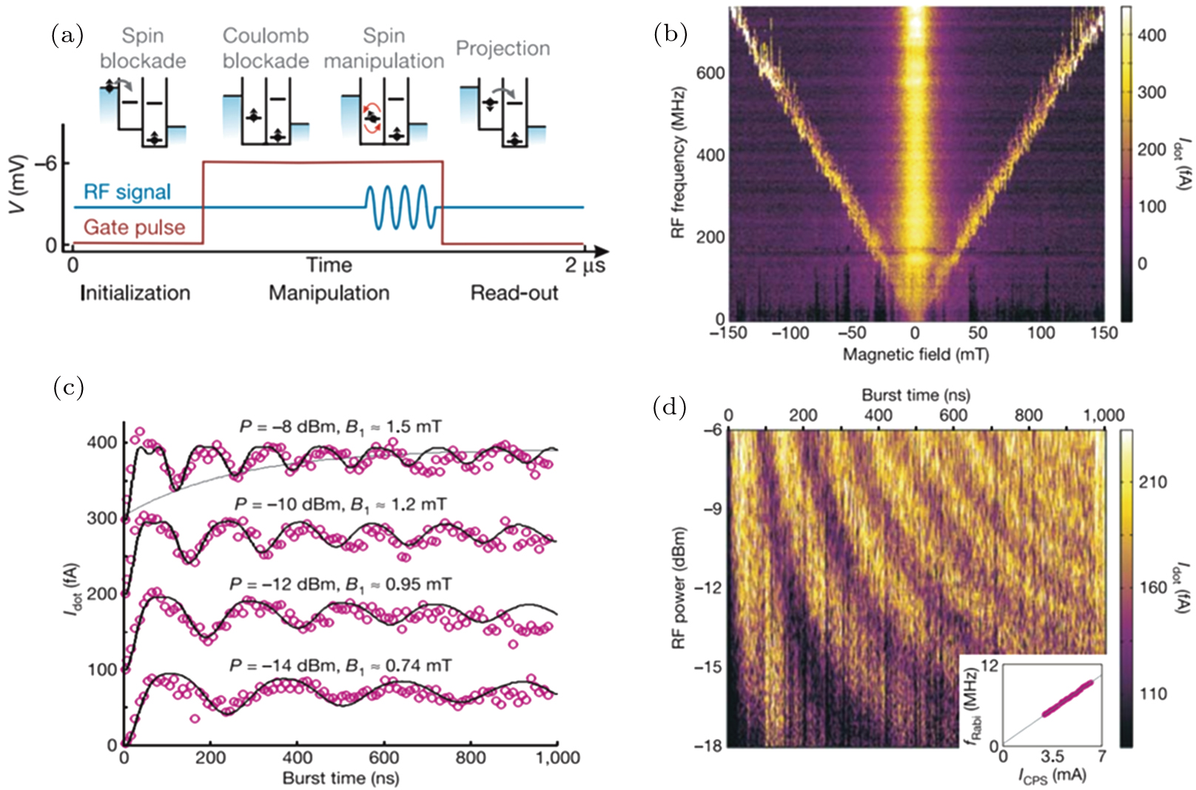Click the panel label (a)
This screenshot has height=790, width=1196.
pyautogui.click(x=67, y=35)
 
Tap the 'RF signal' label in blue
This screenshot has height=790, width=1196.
pyautogui.click(x=127, y=192)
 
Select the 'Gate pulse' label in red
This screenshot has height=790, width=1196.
pyautogui.click(x=134, y=227)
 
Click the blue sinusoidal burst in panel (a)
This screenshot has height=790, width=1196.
pyautogui.click(x=397, y=207)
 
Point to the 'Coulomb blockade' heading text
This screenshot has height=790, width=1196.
pyautogui.click(x=265, y=48)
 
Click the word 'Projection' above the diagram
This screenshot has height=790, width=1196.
pyautogui.click(x=503, y=48)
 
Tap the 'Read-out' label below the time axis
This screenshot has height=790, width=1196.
pyautogui.click(x=514, y=293)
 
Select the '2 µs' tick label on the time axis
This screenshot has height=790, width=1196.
pyautogui.click(x=585, y=265)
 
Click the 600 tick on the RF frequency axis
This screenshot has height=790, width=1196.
pyautogui.click(x=710, y=72)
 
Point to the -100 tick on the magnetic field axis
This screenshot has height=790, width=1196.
pyautogui.click(x=790, y=333)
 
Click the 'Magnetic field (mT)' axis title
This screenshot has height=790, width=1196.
pyautogui.click(x=916, y=354)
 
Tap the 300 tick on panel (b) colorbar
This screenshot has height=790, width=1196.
pyautogui.click(x=1152, y=92)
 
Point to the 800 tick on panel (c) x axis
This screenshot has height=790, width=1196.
pyautogui.click(x=470, y=757)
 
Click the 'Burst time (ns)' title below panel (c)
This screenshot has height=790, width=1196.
pyautogui.click(x=340, y=778)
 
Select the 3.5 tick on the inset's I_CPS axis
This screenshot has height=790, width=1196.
pyautogui.click(x=1052, y=756)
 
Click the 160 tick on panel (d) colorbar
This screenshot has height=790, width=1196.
pyautogui.click(x=1153, y=588)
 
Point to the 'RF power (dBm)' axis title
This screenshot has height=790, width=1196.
pyautogui.click(x=678, y=588)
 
